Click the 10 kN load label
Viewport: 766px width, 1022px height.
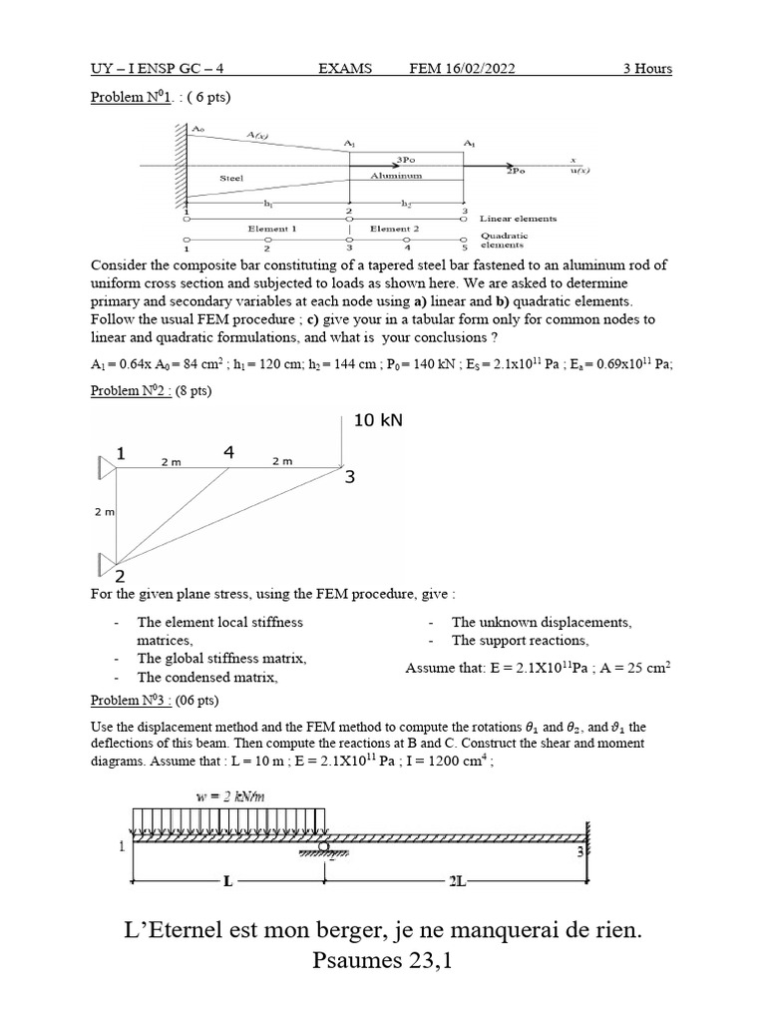click(x=378, y=420)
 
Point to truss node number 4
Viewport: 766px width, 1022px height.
click(x=228, y=452)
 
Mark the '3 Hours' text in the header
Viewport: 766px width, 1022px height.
click(x=647, y=69)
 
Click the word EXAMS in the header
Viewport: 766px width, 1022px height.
click(x=345, y=69)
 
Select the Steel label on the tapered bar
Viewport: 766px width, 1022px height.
click(x=231, y=179)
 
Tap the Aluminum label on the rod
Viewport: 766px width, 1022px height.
click(x=396, y=175)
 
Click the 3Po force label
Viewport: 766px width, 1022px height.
click(x=406, y=159)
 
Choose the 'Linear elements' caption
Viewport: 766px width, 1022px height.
click(x=518, y=218)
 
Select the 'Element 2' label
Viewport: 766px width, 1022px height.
click(x=395, y=229)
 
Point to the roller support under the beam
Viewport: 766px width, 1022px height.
click(x=323, y=850)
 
